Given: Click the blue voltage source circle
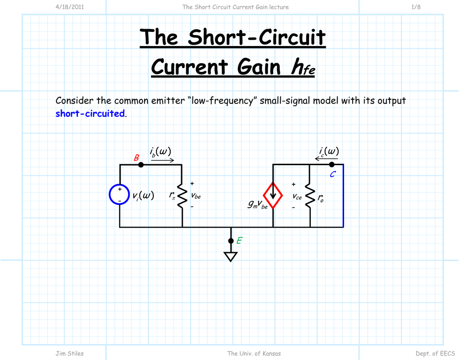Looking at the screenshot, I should tap(120, 195).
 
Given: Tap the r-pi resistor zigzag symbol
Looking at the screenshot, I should tap(182, 196).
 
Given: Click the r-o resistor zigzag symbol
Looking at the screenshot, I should tap(310, 196).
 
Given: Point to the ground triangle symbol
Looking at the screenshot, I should tap(231, 257).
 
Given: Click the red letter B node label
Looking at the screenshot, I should tap(136, 158).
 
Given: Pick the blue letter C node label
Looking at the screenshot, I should tap(333, 174).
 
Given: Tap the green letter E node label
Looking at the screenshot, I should tap(239, 241).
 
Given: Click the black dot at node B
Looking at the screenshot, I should tap(141, 165).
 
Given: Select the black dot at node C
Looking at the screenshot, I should tap(332, 164).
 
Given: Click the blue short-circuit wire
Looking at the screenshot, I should tap(343, 196).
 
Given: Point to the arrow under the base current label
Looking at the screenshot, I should tap(162, 160).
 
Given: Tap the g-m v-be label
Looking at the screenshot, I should tap(258, 205).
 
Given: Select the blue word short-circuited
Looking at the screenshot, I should tap(90, 113).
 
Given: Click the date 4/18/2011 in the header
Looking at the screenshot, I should tap(70, 7).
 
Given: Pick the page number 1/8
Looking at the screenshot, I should tap(415, 7).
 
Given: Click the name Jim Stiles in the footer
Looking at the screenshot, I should tap(70, 353).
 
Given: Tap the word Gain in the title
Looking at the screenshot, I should tap(259, 67).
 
